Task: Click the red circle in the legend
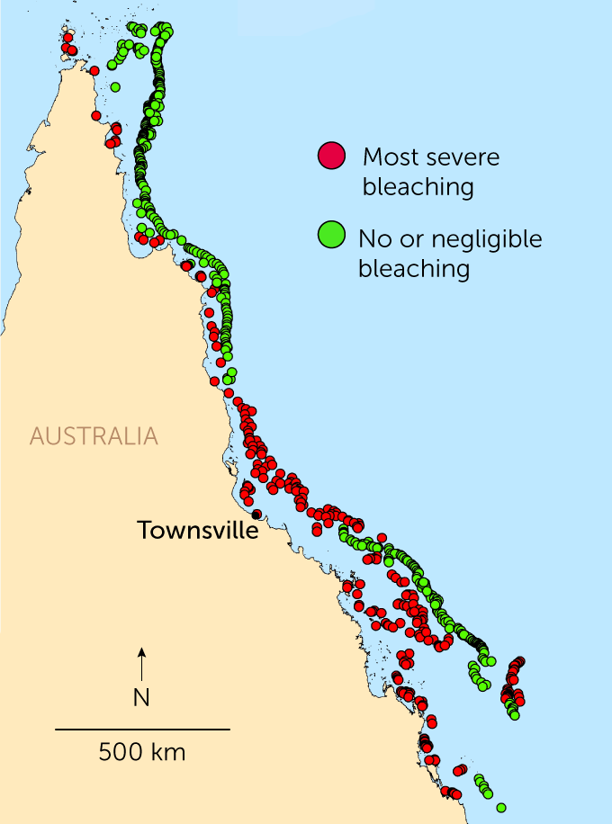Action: (331, 157)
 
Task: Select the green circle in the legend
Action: (331, 235)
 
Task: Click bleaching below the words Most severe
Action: (418, 187)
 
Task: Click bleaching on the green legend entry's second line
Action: (414, 269)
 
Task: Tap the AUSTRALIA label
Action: (94, 437)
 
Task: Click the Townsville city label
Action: (197, 531)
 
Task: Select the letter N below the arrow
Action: (141, 697)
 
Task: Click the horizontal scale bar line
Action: (142, 729)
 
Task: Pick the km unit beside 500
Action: (169, 751)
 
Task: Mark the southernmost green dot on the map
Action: (500, 807)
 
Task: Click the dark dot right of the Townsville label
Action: (257, 515)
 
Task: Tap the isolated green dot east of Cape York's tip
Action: (115, 87)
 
